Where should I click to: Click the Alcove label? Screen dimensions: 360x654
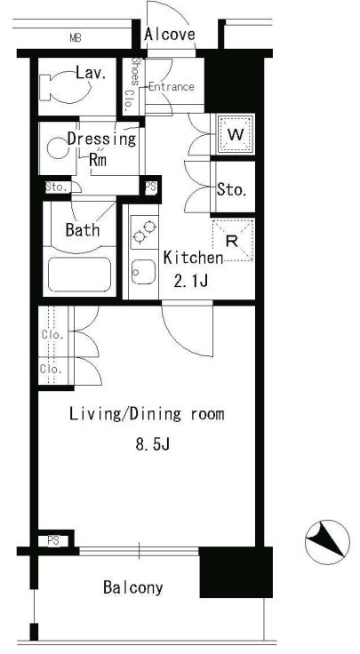pyautogui.click(x=170, y=34)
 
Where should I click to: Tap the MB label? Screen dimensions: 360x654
pyautogui.click(x=75, y=38)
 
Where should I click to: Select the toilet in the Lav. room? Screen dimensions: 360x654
pyautogui.click(x=66, y=86)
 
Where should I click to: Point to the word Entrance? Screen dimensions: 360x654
pyautogui.click(x=171, y=87)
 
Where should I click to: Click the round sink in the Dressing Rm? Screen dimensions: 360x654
pyautogui.click(x=56, y=148)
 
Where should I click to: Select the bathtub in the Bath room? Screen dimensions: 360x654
pyautogui.click(x=79, y=274)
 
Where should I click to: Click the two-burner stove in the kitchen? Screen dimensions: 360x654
pyautogui.click(x=144, y=233)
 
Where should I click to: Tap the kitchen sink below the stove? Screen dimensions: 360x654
pyautogui.click(x=144, y=272)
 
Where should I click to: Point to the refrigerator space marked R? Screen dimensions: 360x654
pyautogui.click(x=233, y=240)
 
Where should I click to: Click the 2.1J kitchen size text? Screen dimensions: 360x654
pyautogui.click(x=190, y=282)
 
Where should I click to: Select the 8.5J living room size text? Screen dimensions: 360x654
pyautogui.click(x=152, y=444)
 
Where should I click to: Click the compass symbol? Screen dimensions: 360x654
pyautogui.click(x=327, y=542)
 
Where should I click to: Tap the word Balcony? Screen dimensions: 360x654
pyautogui.click(x=133, y=587)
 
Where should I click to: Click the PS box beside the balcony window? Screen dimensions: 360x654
pyautogui.click(x=53, y=540)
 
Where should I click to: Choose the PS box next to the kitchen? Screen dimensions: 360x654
pyautogui.click(x=151, y=186)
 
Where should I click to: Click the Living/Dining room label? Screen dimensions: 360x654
pyautogui.click(x=147, y=414)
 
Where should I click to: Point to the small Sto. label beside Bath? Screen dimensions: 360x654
pyautogui.click(x=56, y=187)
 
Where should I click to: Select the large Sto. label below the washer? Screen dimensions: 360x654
pyautogui.click(x=231, y=190)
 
